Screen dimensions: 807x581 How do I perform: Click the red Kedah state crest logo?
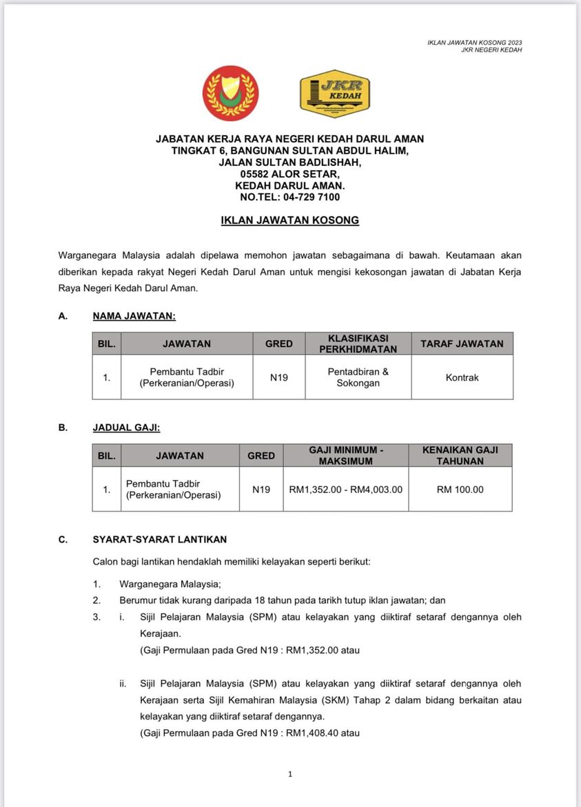230,94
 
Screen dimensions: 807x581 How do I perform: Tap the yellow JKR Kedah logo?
335,94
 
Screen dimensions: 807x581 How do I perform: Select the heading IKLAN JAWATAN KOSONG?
289,221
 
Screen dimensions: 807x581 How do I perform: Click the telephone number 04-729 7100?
312,197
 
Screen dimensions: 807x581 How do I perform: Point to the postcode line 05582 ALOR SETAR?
289,174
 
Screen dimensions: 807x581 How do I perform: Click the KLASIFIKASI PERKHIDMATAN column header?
358,344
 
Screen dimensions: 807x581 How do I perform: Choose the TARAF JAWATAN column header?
462,344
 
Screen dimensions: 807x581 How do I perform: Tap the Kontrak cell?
462,377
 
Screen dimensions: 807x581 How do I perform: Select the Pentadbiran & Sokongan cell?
358,377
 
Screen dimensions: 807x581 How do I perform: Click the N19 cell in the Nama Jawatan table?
279,377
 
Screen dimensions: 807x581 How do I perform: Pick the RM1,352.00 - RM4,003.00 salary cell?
345,490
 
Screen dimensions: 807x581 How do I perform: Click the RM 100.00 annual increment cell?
460,490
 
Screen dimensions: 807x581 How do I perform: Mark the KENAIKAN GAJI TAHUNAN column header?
460,456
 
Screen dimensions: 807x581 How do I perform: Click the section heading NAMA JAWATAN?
134,316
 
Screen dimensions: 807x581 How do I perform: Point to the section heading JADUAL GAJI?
126,428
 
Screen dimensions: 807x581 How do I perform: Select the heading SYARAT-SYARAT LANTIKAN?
160,539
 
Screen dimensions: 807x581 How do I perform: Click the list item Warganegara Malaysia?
170,584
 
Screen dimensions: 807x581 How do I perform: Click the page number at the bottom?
290,774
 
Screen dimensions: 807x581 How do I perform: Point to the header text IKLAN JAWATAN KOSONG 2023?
475,43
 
